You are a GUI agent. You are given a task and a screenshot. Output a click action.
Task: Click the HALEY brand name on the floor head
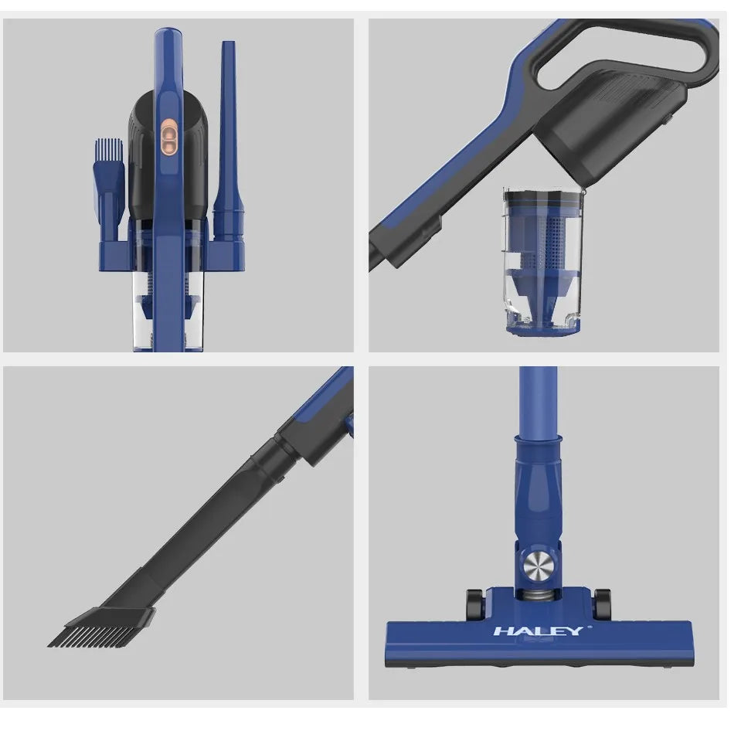pos(538,631)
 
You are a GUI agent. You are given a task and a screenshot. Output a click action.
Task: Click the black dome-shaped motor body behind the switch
pos(143,155)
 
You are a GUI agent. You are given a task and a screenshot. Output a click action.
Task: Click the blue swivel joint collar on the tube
pos(538,487)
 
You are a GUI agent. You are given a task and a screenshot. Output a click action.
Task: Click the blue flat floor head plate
pos(539,645)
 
